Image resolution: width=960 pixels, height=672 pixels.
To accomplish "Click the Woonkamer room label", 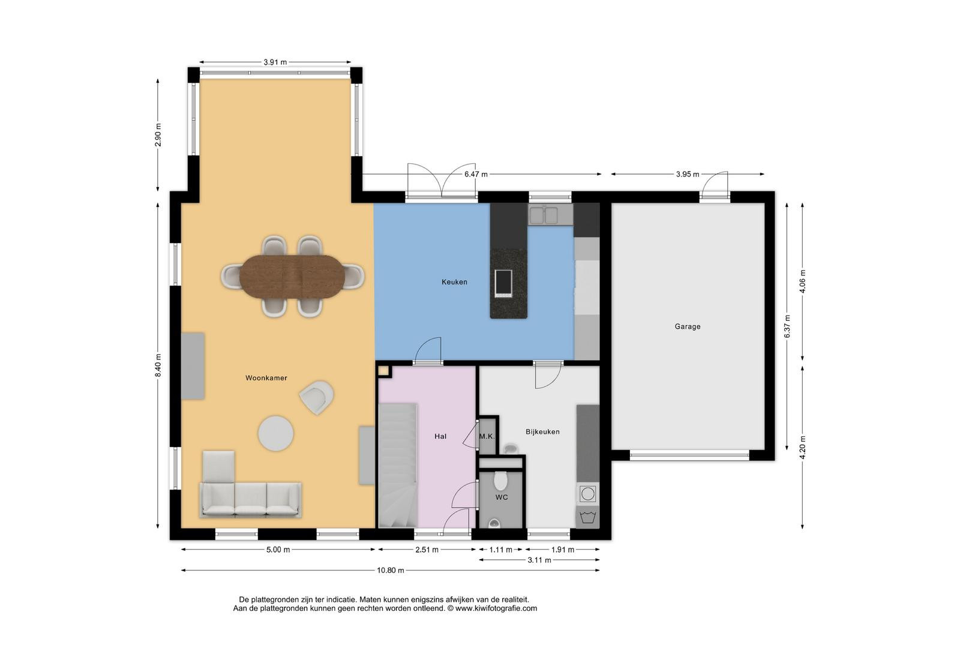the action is [x=266, y=378].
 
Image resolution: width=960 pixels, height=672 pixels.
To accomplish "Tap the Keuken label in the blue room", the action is [x=454, y=282].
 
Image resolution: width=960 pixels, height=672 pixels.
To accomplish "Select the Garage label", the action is [x=688, y=326].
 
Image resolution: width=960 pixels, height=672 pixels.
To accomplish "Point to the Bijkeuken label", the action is [x=542, y=432].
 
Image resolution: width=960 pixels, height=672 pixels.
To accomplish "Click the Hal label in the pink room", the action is [x=440, y=436].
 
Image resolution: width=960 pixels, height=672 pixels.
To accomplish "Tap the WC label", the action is [x=502, y=497].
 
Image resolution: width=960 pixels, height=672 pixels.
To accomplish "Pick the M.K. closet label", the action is [x=487, y=437].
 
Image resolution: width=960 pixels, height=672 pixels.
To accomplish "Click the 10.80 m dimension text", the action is [x=390, y=571].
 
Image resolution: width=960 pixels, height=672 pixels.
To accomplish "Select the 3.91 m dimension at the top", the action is [x=275, y=62].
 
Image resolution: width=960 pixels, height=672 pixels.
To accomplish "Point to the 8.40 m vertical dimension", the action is [x=158, y=365].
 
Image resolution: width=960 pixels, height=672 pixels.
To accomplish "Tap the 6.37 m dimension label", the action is [x=787, y=326].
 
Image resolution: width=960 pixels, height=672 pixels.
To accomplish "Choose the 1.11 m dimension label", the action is [x=500, y=550].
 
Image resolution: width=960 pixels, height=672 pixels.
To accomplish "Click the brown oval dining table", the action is [x=292, y=277].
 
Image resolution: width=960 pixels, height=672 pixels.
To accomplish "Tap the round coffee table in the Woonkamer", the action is [x=275, y=433].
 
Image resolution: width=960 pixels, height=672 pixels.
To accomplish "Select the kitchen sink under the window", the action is [x=544, y=215].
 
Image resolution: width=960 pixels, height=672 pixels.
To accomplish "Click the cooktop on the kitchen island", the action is [x=503, y=283].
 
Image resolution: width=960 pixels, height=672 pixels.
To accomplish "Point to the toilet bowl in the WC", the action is [x=500, y=481].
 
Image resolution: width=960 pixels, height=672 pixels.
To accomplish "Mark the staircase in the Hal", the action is [x=398, y=466].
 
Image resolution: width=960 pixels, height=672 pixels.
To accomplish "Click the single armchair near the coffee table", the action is [x=317, y=397].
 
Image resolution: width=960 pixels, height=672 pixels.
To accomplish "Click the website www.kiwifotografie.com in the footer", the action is [x=496, y=608].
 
